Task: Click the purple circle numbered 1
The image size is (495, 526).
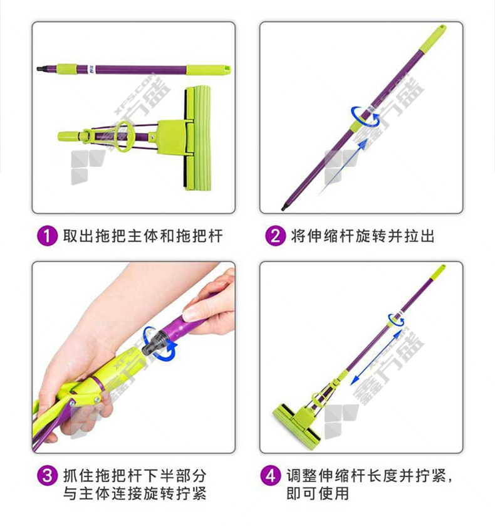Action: pos(47,236)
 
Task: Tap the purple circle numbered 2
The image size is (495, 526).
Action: pos(275,236)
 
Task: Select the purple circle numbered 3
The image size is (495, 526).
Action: pos(47,475)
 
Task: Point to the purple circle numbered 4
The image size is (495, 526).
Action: pos(271,475)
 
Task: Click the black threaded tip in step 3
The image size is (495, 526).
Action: pos(154,343)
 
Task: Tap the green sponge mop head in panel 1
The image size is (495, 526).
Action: pos(197,137)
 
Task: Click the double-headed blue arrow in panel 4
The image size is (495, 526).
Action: pos(376,357)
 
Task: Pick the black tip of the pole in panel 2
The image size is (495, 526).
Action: pos(284,207)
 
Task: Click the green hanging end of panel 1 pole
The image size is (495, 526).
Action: pos(209,70)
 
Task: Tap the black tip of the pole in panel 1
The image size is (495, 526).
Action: pos(40,69)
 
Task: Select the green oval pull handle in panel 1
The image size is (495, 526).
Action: pos(121,137)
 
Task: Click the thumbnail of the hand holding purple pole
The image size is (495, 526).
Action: pos(133,357)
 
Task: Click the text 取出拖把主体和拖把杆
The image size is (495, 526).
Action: pos(143,236)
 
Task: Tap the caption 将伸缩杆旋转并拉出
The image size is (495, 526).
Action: pos(363,236)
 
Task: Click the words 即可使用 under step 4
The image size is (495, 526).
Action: pos(318,493)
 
